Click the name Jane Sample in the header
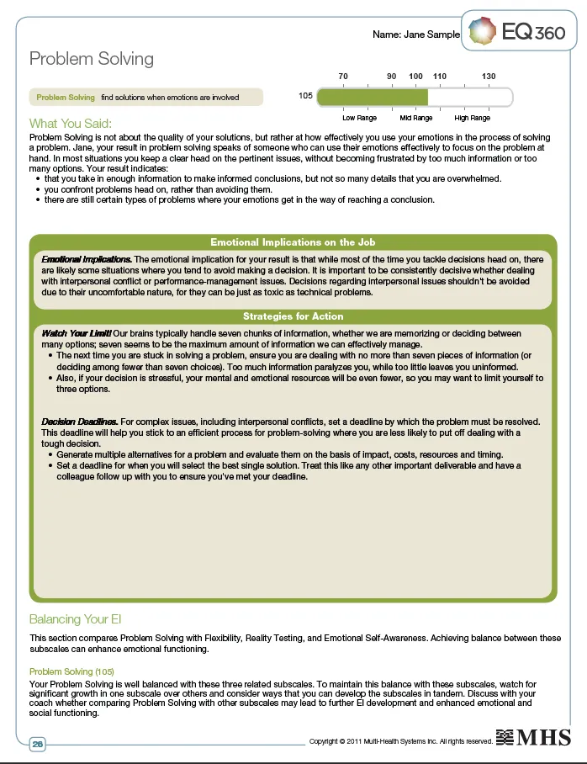tap(416, 34)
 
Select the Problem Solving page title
tap(92, 58)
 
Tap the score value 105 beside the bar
tap(305, 97)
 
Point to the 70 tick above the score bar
tap(343, 77)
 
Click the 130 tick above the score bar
tap(489, 77)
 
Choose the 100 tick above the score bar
tap(415, 77)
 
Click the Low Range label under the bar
tap(359, 118)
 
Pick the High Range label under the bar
tap(473, 118)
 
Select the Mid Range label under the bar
tap(416, 118)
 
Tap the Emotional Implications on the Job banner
tap(293, 242)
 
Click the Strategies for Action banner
tap(293, 316)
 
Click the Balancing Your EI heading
tap(81, 619)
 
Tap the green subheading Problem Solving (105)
tap(71, 671)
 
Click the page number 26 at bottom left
tap(38, 744)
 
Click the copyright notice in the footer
tap(400, 741)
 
